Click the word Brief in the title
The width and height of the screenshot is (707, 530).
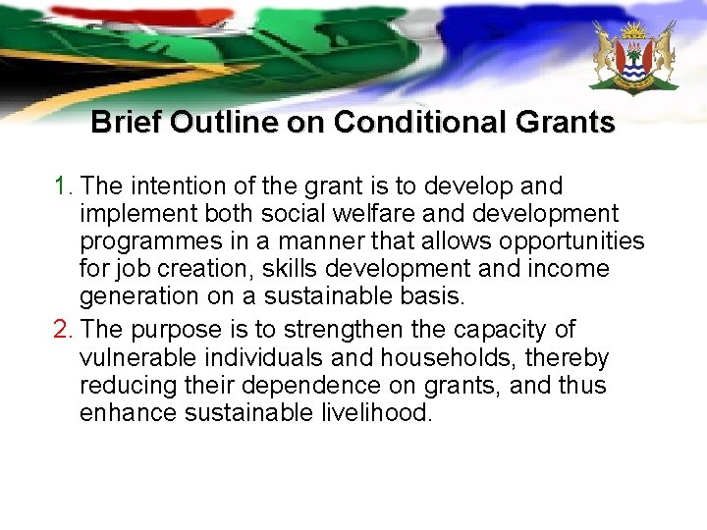click(x=126, y=123)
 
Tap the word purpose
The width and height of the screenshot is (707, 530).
click(x=175, y=329)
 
